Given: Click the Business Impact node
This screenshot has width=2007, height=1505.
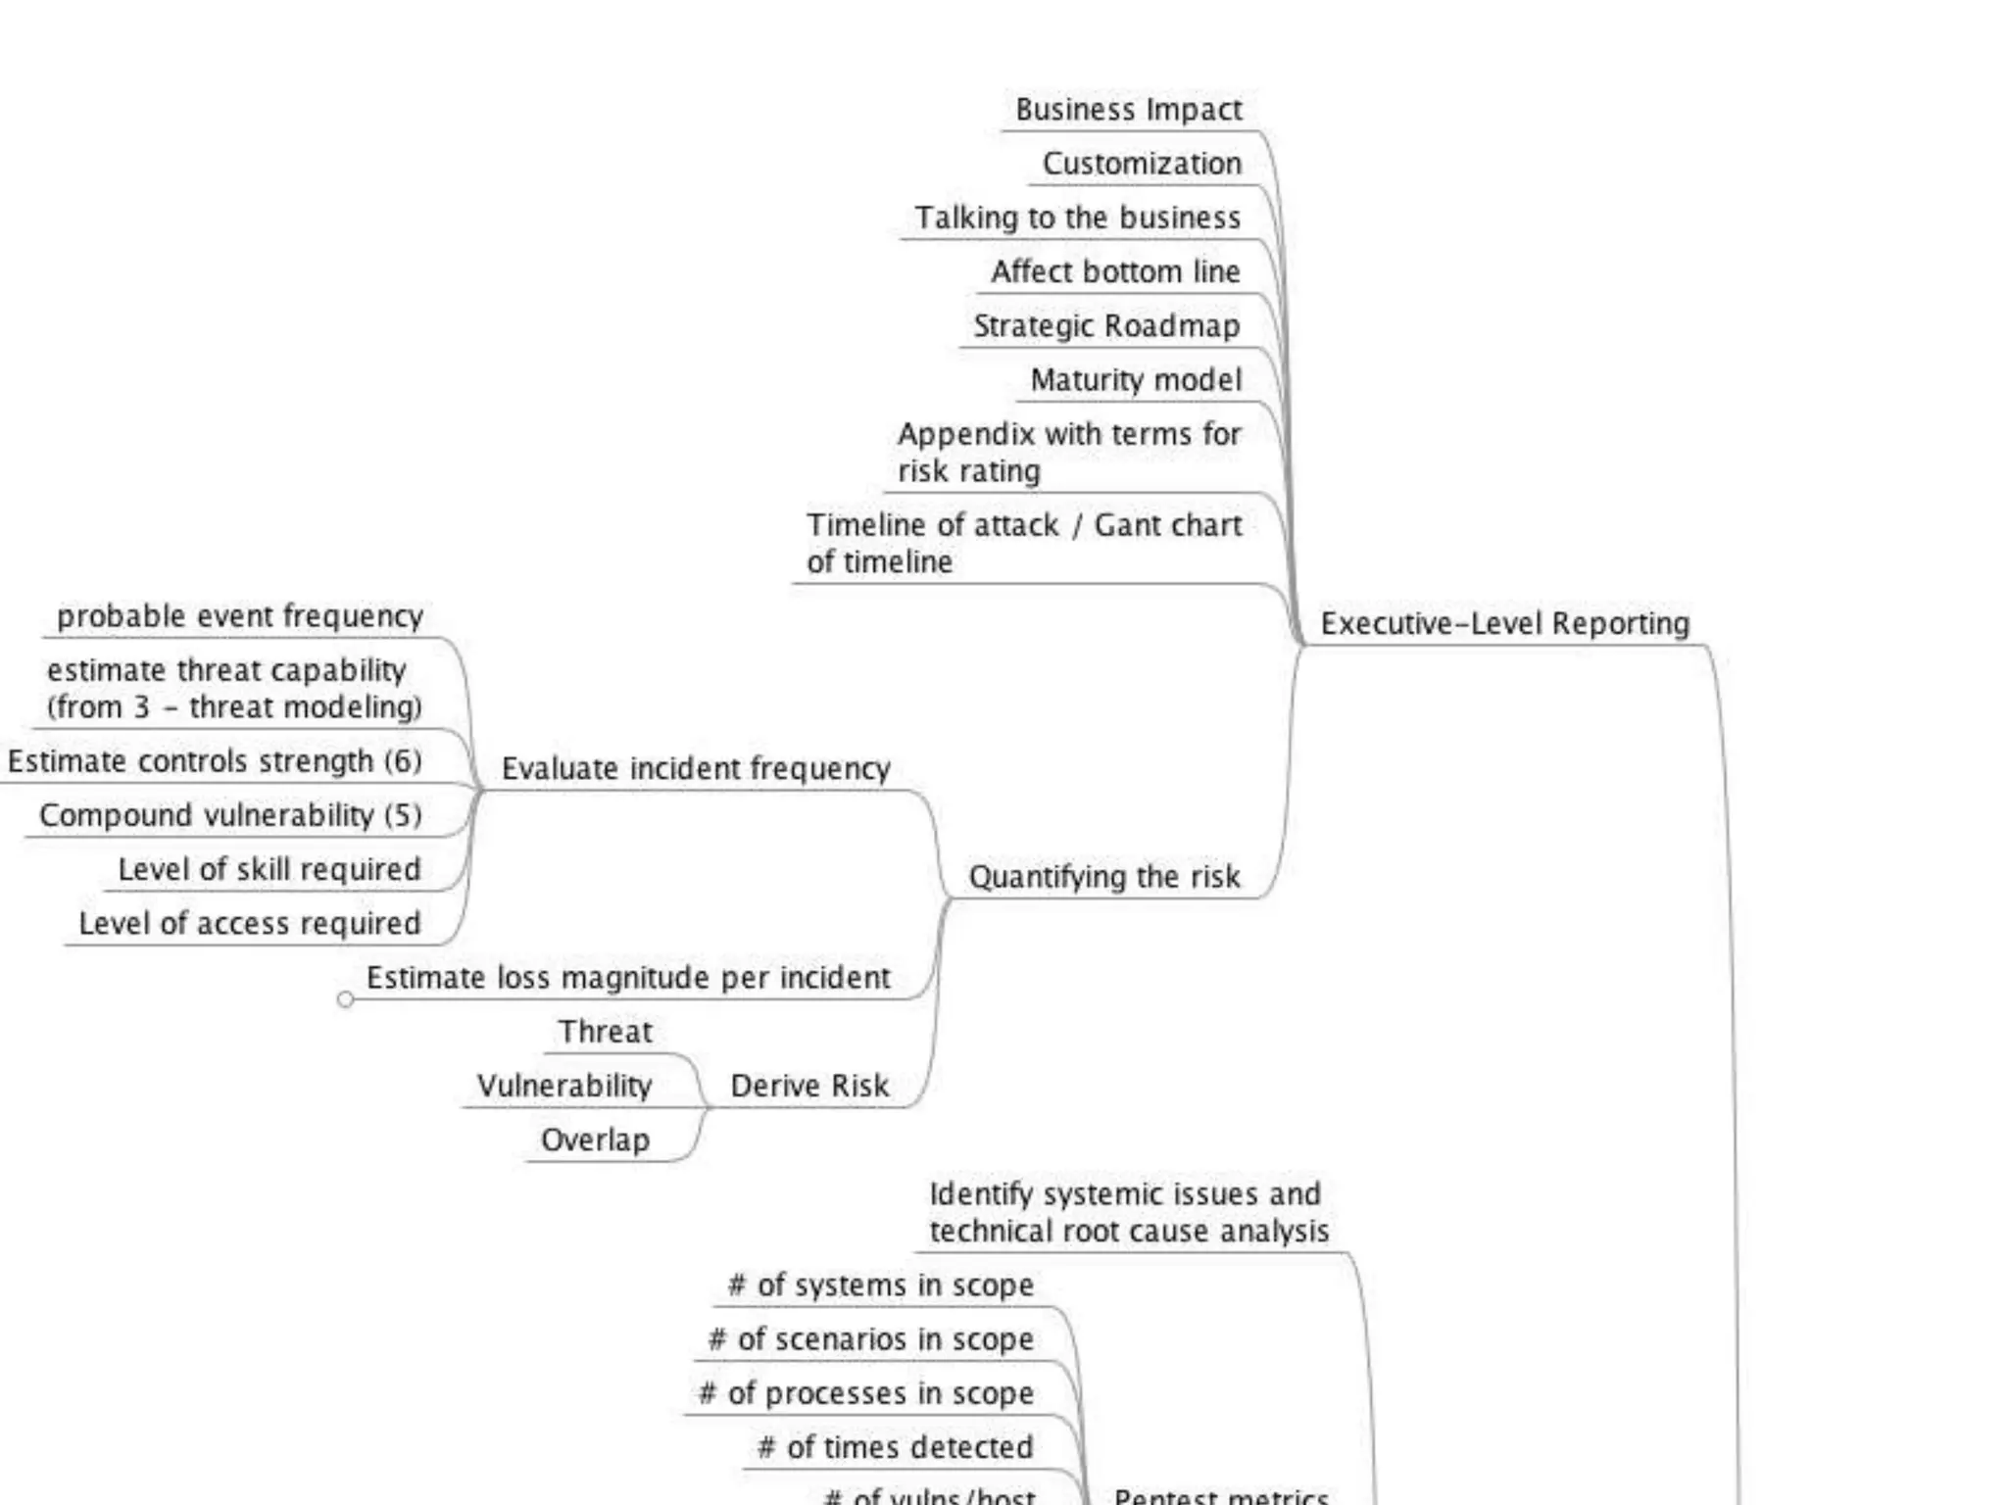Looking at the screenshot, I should [1128, 110].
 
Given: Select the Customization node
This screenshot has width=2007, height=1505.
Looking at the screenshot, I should [1142, 164].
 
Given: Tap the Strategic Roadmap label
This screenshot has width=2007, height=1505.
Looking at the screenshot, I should [1106, 326].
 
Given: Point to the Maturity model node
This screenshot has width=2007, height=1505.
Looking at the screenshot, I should [1136, 380].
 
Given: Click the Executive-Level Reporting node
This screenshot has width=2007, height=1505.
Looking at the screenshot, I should [1504, 624].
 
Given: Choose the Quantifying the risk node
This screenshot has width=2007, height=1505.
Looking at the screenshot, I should [1104, 877].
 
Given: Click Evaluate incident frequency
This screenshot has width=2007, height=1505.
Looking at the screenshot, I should [696, 769].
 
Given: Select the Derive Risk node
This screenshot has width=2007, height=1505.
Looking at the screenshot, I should [809, 1086].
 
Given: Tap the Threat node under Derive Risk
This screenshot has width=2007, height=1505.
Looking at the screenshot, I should [605, 1032].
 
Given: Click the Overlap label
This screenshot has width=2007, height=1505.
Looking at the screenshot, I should [595, 1141].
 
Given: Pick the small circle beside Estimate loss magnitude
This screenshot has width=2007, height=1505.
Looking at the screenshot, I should [345, 999].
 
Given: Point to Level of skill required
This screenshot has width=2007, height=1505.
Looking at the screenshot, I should [269, 870].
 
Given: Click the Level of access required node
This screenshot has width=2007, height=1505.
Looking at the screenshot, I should [250, 924].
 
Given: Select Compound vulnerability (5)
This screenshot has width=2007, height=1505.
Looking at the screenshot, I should [230, 815].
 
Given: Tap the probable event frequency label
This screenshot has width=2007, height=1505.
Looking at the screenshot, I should [240, 616].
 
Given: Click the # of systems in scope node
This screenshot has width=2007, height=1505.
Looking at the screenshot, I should [880, 1286].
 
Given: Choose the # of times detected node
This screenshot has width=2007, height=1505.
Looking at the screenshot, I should [895, 1447].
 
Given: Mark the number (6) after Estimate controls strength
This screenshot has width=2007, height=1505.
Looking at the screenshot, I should [403, 761].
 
